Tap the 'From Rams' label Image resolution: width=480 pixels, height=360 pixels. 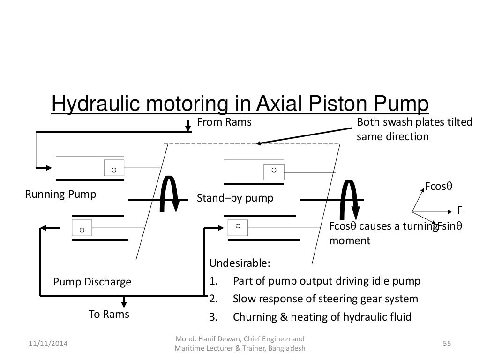pyautogui.click(x=224, y=123)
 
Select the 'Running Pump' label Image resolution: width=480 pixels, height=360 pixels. pyautogui.click(x=60, y=194)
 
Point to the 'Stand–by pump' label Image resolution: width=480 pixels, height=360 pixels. pyautogui.click(x=235, y=198)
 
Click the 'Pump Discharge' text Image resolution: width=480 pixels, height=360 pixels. pyautogui.click(x=92, y=282)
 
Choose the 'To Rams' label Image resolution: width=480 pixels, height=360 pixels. pyautogui.click(x=109, y=315)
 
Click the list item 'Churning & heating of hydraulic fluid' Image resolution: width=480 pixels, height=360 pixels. pyautogui.click(x=322, y=317)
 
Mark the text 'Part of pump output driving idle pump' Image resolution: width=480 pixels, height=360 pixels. pyautogui.click(x=327, y=281)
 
